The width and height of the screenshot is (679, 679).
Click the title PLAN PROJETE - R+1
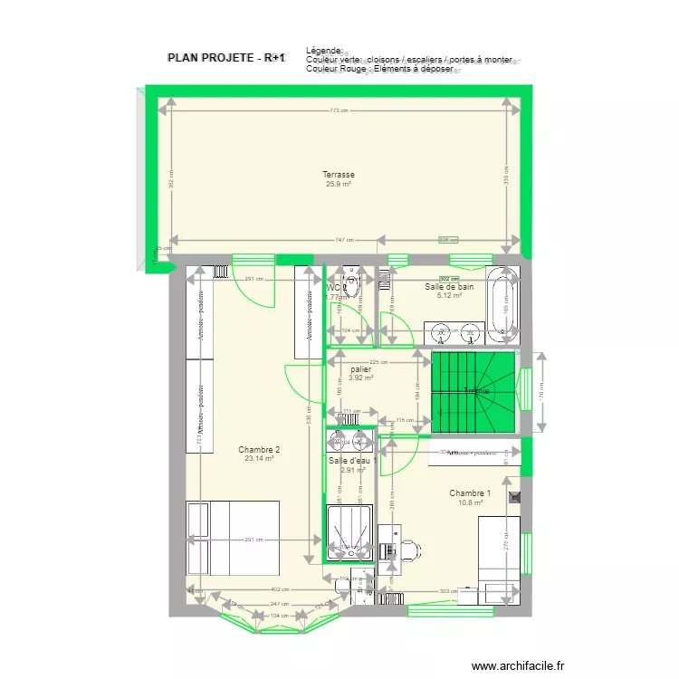pyautogui.click(x=226, y=57)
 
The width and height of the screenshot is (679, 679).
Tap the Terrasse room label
pyautogui.click(x=339, y=175)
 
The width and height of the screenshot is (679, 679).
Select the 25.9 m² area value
pyautogui.click(x=339, y=185)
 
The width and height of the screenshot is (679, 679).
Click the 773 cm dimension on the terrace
pyautogui.click(x=339, y=110)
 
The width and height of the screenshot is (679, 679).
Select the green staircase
pyautogui.click(x=473, y=391)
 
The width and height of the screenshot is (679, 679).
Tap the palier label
pyautogui.click(x=360, y=369)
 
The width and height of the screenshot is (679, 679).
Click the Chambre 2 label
pyautogui.click(x=259, y=450)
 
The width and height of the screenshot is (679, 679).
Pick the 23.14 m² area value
pyautogui.click(x=259, y=459)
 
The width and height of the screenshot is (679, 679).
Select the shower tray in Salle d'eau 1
pyautogui.click(x=349, y=534)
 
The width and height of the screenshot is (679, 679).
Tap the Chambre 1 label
pyautogui.click(x=470, y=493)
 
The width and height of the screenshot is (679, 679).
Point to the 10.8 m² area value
pyautogui.click(x=470, y=502)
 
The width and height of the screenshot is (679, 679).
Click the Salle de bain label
pyautogui.click(x=449, y=287)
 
